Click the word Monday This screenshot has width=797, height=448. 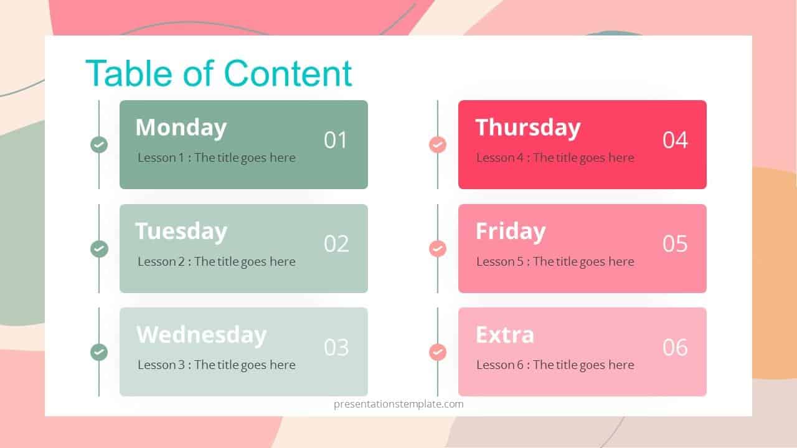tap(181, 128)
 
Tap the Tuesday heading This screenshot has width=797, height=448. tap(181, 231)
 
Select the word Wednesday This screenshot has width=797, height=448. tap(201, 335)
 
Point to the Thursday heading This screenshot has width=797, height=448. tap(527, 128)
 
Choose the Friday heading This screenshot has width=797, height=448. tap(510, 231)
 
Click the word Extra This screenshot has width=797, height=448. tap(504, 335)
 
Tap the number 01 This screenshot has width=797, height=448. tap(336, 140)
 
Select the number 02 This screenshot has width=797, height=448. tap(336, 243)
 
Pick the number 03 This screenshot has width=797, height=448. tap(336, 347)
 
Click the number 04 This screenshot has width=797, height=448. tap(675, 140)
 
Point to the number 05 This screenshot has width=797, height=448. tap(675, 243)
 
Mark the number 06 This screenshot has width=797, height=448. tap(675, 347)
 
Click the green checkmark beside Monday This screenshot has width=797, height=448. tap(99, 145)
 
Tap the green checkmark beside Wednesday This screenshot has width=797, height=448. tap(99, 352)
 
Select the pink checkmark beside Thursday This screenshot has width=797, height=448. tap(438, 145)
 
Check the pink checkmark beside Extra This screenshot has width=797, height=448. tap(438, 352)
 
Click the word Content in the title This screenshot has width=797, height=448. tap(288, 73)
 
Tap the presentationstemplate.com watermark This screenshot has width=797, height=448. tap(398, 404)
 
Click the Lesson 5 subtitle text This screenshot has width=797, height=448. tap(555, 262)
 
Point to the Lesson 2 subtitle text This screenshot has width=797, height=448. tap(216, 262)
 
